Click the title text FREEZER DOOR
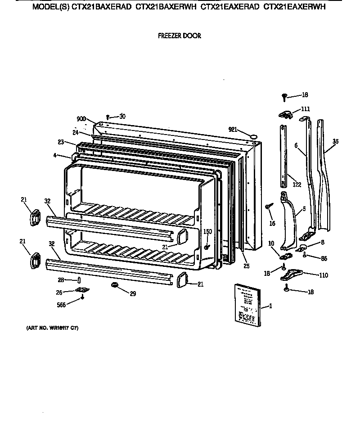tap(179, 36)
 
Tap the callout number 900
tap(81, 119)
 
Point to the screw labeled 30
tap(108, 117)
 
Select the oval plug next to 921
tap(253, 134)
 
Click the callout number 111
tap(306, 109)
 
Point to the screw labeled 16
tap(269, 206)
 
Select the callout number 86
tap(323, 258)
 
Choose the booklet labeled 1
tap(247, 305)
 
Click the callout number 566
tap(62, 305)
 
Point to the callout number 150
tap(207, 232)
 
